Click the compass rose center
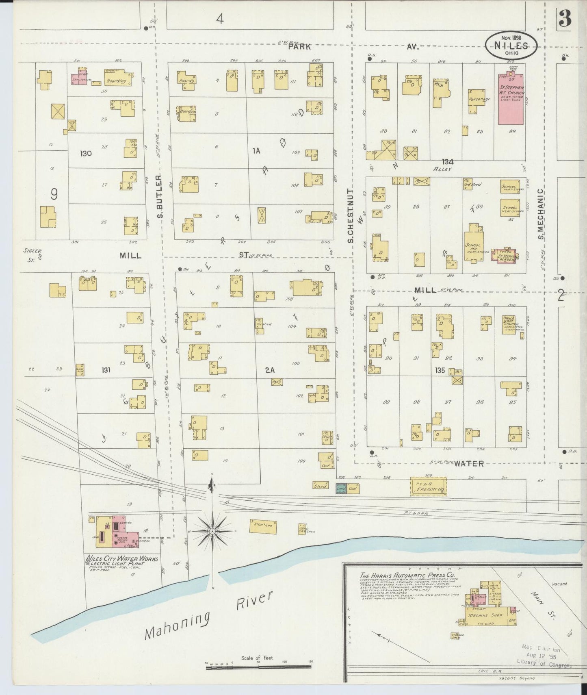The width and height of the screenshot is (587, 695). pyautogui.click(x=212, y=531)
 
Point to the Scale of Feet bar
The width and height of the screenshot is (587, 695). pyautogui.click(x=258, y=667)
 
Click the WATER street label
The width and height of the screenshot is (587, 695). pyautogui.click(x=469, y=463)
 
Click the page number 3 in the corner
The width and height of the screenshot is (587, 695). pyautogui.click(x=565, y=18)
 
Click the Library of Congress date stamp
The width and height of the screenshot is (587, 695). pyautogui.click(x=543, y=656)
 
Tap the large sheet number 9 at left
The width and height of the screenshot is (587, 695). pyautogui.click(x=54, y=195)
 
